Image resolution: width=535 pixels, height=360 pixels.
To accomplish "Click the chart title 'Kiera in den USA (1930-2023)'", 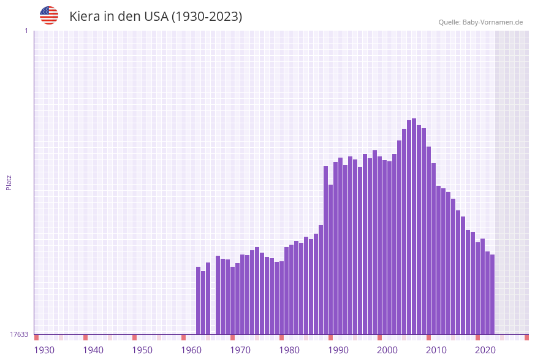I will coord(156,17).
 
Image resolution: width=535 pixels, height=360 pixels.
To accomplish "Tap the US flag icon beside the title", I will coord(49,15).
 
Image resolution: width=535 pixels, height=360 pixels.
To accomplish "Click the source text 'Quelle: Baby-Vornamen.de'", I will coord(480,22).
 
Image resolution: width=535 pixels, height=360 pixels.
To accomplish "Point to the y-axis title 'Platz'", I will coord(9,182).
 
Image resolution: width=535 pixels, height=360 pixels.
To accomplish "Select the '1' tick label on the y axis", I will coord(26,31).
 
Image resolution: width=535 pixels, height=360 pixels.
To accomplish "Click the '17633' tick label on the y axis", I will coord(20,334).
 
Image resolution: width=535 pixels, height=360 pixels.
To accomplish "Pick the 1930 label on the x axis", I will coord(44,350).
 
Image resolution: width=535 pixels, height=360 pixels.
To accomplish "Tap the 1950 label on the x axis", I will coord(142,350).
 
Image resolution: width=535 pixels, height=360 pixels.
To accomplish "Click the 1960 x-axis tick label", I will coord(191,350).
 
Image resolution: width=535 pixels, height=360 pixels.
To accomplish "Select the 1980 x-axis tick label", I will coord(289,350).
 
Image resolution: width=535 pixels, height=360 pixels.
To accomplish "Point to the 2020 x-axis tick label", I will coord(485,350).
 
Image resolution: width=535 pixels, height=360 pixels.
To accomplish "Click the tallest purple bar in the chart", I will coord(414,227).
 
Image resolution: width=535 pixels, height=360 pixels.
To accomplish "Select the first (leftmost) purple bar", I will coord(198,301).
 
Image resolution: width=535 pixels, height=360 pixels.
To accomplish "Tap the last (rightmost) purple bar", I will coord(492,294).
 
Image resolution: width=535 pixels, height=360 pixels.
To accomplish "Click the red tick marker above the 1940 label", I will coord(85,337).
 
